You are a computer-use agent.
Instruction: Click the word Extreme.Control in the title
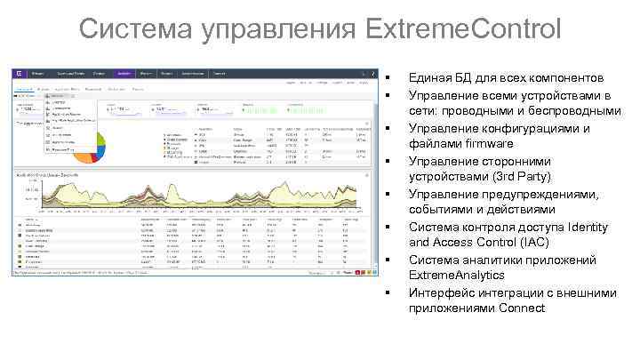point(461,28)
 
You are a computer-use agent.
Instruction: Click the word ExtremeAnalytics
point(457,276)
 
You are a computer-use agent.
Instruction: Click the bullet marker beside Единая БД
point(389,78)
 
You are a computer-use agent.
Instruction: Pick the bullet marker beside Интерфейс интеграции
point(389,292)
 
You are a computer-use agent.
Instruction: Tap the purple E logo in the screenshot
point(19,74)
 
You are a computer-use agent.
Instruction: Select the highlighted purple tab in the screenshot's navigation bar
point(124,73)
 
